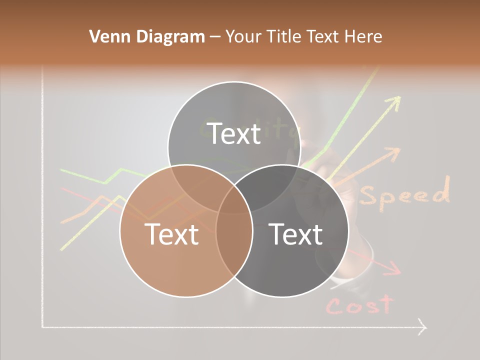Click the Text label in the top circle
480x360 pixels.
[x=234, y=133]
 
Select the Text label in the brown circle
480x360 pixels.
[x=171, y=234]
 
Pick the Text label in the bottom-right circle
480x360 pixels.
[x=296, y=234]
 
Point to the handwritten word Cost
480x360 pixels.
[x=360, y=305]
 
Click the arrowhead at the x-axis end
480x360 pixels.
[x=423, y=327]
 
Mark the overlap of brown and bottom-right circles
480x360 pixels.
[x=234, y=240]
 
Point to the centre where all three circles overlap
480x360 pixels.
[x=234, y=200]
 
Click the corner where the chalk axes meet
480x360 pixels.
[x=43, y=327]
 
